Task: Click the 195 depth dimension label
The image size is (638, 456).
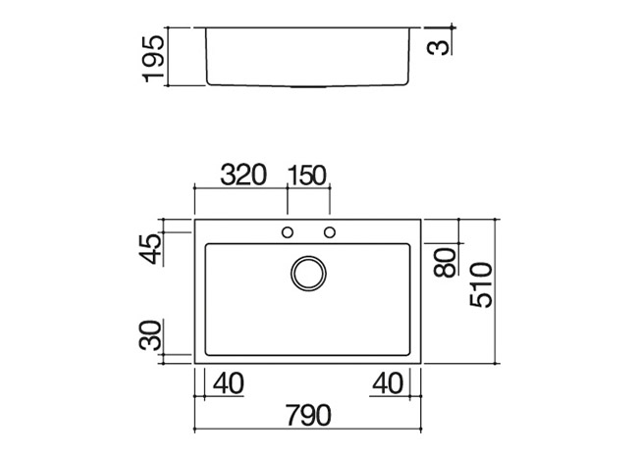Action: click(154, 59)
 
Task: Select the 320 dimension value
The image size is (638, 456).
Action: click(242, 176)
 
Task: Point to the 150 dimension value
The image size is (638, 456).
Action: click(307, 176)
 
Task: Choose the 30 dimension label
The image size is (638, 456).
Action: click(150, 335)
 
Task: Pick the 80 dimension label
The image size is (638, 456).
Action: click(445, 262)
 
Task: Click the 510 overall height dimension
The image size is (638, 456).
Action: click(481, 285)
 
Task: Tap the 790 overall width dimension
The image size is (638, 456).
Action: click(308, 416)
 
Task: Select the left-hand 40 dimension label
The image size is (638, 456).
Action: click(229, 383)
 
